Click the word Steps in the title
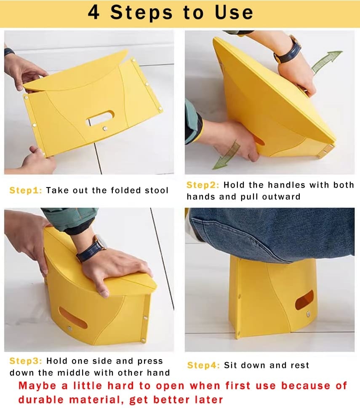coord(142,12)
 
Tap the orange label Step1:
coord(26,190)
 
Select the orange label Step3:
coord(26,361)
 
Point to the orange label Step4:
coord(203,365)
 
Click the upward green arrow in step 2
coord(327,62)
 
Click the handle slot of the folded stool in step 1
coord(100,118)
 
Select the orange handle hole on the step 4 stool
coord(304,300)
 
